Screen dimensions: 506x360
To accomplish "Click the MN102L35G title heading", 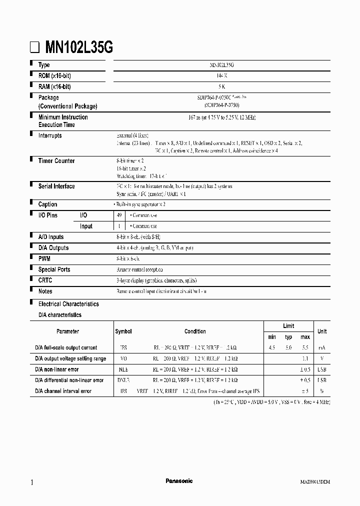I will pyautogui.click(x=79, y=47).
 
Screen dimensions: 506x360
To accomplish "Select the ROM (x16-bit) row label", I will pyautogui.click(x=54, y=76).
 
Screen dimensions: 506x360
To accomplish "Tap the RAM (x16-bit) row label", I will pyautogui.click(x=54, y=86).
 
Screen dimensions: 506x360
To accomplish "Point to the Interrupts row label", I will pyautogui.click(x=50, y=135).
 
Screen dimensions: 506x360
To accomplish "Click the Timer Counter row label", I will pyautogui.click(x=56, y=161).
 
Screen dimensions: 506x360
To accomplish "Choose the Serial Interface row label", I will pyautogui.click(x=56, y=186).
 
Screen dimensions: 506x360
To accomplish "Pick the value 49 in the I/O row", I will pyautogui.click(x=119, y=215).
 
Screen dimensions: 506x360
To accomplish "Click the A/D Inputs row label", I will pyautogui.click(x=51, y=237).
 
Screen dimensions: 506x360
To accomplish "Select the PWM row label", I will pyautogui.click(x=44, y=258).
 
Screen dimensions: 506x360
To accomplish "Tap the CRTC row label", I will pyautogui.click(x=45, y=280).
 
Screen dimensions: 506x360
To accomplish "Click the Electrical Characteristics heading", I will pyautogui.click(x=68, y=304).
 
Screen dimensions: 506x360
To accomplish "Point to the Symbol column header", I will pyautogui.click(x=123, y=331).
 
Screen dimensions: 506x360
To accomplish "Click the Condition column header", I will pyautogui.click(x=195, y=331).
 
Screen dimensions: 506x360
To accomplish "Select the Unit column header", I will pyautogui.click(x=322, y=331).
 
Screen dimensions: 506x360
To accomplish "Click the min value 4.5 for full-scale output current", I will pyautogui.click(x=272, y=347).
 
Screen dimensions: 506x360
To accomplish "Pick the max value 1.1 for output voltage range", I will pyautogui.click(x=305, y=358).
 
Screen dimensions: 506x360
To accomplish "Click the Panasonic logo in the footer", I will pyautogui.click(x=179, y=481).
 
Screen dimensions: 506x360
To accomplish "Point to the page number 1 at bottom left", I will pyautogui.click(x=32, y=482).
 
